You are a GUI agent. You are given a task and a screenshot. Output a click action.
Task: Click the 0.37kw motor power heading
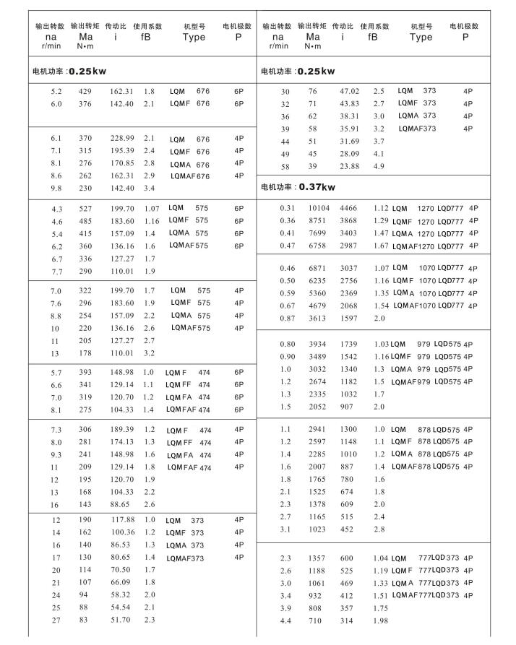pos(298,187)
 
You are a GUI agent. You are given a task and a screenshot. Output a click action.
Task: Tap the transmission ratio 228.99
pos(121,138)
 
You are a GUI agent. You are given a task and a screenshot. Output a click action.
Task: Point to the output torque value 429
pos(86,92)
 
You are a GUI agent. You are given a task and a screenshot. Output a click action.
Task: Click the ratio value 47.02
pos(349,92)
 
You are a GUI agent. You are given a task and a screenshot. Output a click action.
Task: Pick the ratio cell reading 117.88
pos(121,520)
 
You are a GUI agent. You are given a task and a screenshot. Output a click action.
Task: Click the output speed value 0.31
pos(287,208)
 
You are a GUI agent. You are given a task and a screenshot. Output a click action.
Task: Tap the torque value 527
pos(86,208)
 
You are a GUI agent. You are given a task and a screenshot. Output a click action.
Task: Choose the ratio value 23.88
pos(349,166)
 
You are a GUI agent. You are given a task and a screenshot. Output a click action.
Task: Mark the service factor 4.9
pos(379,166)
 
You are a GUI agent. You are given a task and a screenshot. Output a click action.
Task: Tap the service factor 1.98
pos(380,622)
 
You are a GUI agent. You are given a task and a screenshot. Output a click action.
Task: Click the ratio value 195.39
pos(121,150)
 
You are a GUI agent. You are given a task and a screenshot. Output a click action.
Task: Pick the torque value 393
pos(86,372)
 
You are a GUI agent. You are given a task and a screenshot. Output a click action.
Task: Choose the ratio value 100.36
pos(121,532)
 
